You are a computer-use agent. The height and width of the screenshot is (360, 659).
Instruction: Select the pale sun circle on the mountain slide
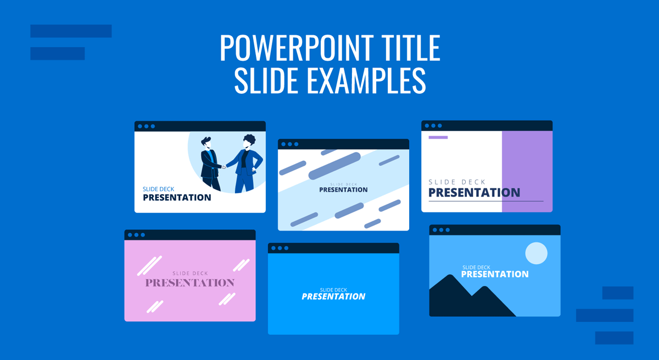point(536,254)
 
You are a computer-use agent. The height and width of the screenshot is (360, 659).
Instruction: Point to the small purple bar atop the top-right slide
point(438,137)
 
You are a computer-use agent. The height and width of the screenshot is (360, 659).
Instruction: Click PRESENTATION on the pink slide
point(189,283)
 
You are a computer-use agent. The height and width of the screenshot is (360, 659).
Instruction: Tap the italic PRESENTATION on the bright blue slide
point(333,296)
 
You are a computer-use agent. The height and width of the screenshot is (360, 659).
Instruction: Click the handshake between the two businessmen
point(223,166)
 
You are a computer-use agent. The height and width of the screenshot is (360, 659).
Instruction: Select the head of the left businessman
point(205,144)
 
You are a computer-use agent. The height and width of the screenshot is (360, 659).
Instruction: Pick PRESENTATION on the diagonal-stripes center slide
point(343,190)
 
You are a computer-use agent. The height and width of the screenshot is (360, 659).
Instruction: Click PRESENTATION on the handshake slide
point(177,198)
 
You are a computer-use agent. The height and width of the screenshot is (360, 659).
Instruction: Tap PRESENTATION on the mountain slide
point(494,274)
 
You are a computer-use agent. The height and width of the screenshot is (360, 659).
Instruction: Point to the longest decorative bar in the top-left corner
point(71,31)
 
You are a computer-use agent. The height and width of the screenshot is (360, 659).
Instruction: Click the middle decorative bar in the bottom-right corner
point(604,315)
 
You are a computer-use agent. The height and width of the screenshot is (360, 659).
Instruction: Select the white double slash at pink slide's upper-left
point(149,266)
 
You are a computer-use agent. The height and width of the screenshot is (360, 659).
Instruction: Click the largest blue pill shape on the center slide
point(334,166)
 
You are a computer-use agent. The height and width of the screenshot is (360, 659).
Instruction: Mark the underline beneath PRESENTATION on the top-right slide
point(485,201)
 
